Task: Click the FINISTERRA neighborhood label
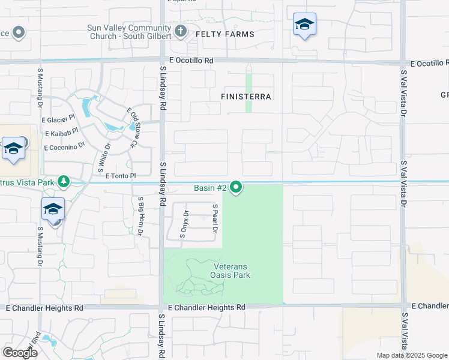[246, 96]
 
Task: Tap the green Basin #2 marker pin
[237, 188]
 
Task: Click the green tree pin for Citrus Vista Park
[63, 181]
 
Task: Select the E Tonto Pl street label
[121, 176]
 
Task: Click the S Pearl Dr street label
[214, 217]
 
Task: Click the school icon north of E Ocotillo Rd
[304, 25]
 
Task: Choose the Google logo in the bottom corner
[20, 352]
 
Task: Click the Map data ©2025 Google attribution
[412, 355]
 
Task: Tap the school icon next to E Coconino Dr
[13, 149]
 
